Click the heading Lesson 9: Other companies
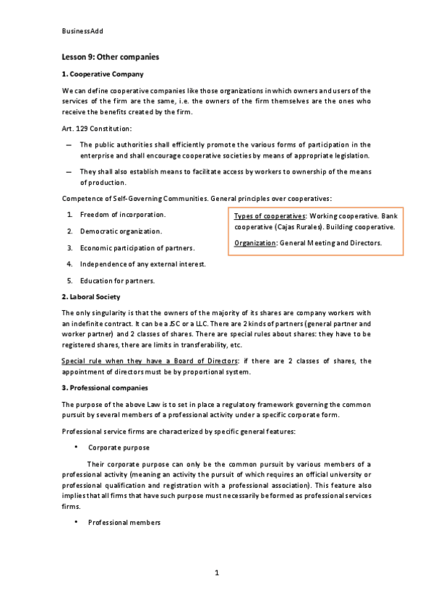click(x=111, y=56)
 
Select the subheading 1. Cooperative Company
click(x=103, y=74)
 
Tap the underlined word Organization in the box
click(x=256, y=244)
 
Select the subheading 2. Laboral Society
click(x=91, y=296)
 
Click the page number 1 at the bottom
click(x=216, y=573)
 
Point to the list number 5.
click(x=69, y=280)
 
